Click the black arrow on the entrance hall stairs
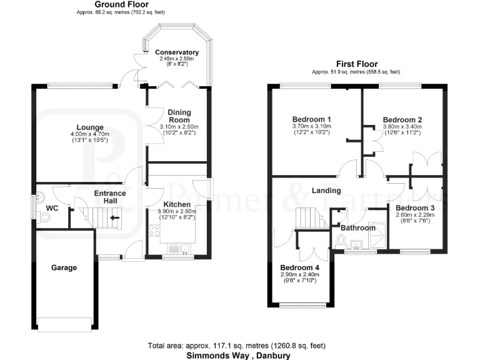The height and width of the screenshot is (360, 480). click(x=114, y=218)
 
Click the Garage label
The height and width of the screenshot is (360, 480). click(x=64, y=267)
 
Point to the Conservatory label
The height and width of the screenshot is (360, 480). click(x=177, y=52)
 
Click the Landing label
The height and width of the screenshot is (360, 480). click(x=326, y=190)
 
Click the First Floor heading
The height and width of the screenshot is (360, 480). click(x=357, y=64)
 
